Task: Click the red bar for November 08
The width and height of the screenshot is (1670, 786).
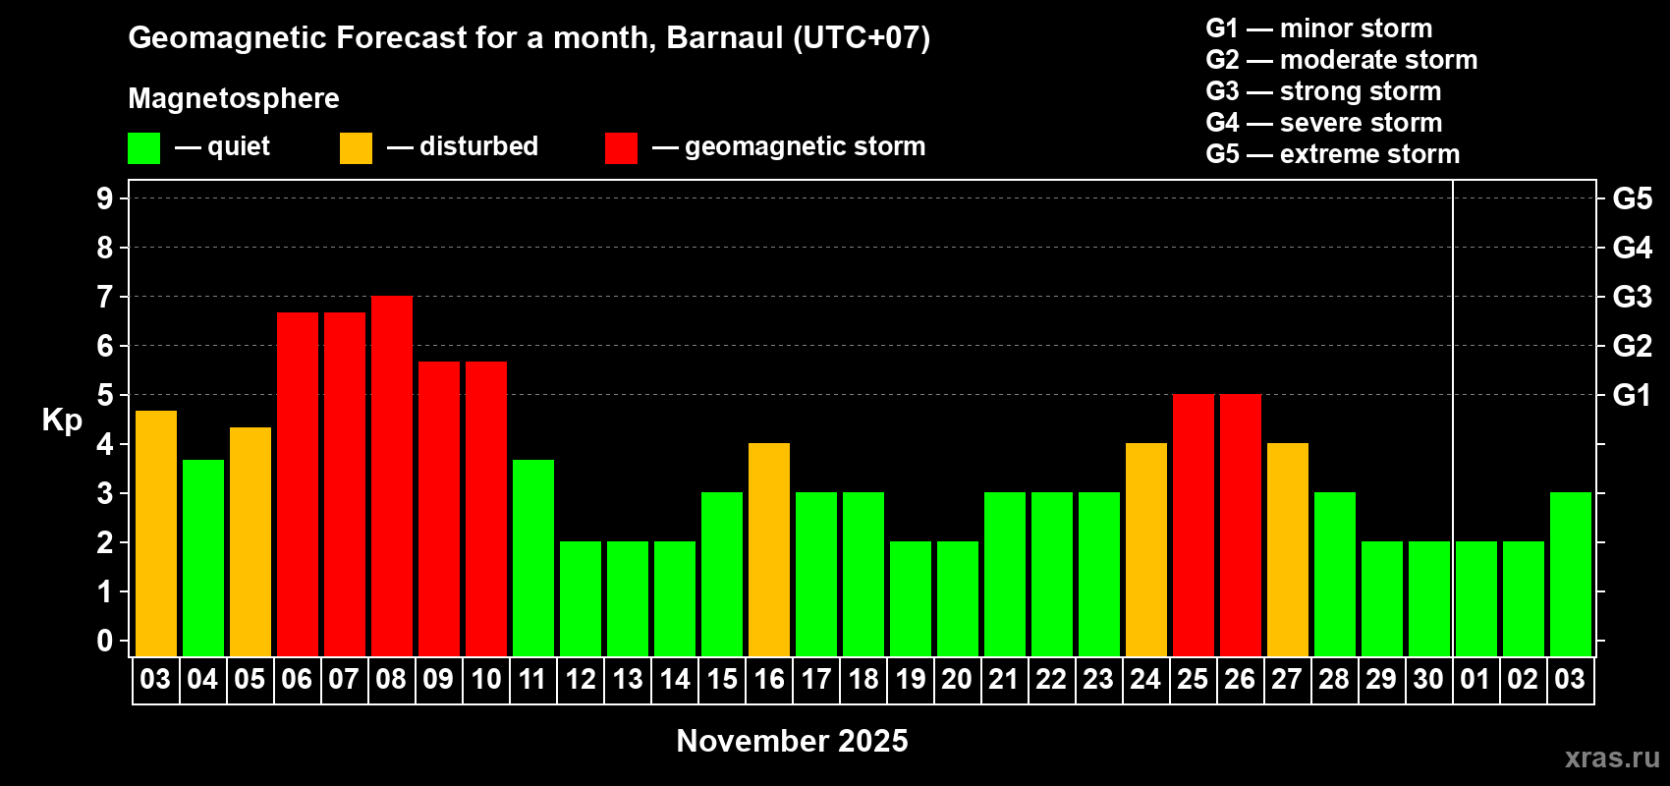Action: (392, 477)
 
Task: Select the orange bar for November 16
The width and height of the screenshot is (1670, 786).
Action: (769, 550)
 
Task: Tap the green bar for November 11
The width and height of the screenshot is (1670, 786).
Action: (533, 558)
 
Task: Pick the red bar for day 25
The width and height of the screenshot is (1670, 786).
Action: (1194, 526)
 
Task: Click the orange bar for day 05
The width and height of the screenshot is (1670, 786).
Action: (250, 542)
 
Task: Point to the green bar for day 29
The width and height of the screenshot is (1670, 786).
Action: (1382, 599)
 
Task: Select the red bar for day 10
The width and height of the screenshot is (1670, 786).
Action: (486, 509)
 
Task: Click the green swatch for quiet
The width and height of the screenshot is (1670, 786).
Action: (144, 148)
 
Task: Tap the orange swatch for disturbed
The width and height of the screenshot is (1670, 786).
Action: (356, 148)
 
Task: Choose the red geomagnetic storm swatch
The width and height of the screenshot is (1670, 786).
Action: (621, 148)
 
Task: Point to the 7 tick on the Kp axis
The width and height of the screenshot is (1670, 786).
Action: (105, 297)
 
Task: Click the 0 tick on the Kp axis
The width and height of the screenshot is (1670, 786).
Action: (105, 642)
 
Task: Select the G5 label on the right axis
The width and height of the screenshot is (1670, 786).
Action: (1632, 198)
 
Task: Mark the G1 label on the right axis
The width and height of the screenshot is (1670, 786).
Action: (1632, 395)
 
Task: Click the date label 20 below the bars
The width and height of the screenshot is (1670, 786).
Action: (957, 680)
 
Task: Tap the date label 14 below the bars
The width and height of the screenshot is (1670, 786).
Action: (675, 680)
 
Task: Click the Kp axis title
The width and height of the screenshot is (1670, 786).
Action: (62, 420)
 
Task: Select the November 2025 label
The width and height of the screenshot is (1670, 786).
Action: (792, 741)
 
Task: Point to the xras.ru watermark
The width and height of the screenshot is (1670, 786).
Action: (1612, 758)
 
